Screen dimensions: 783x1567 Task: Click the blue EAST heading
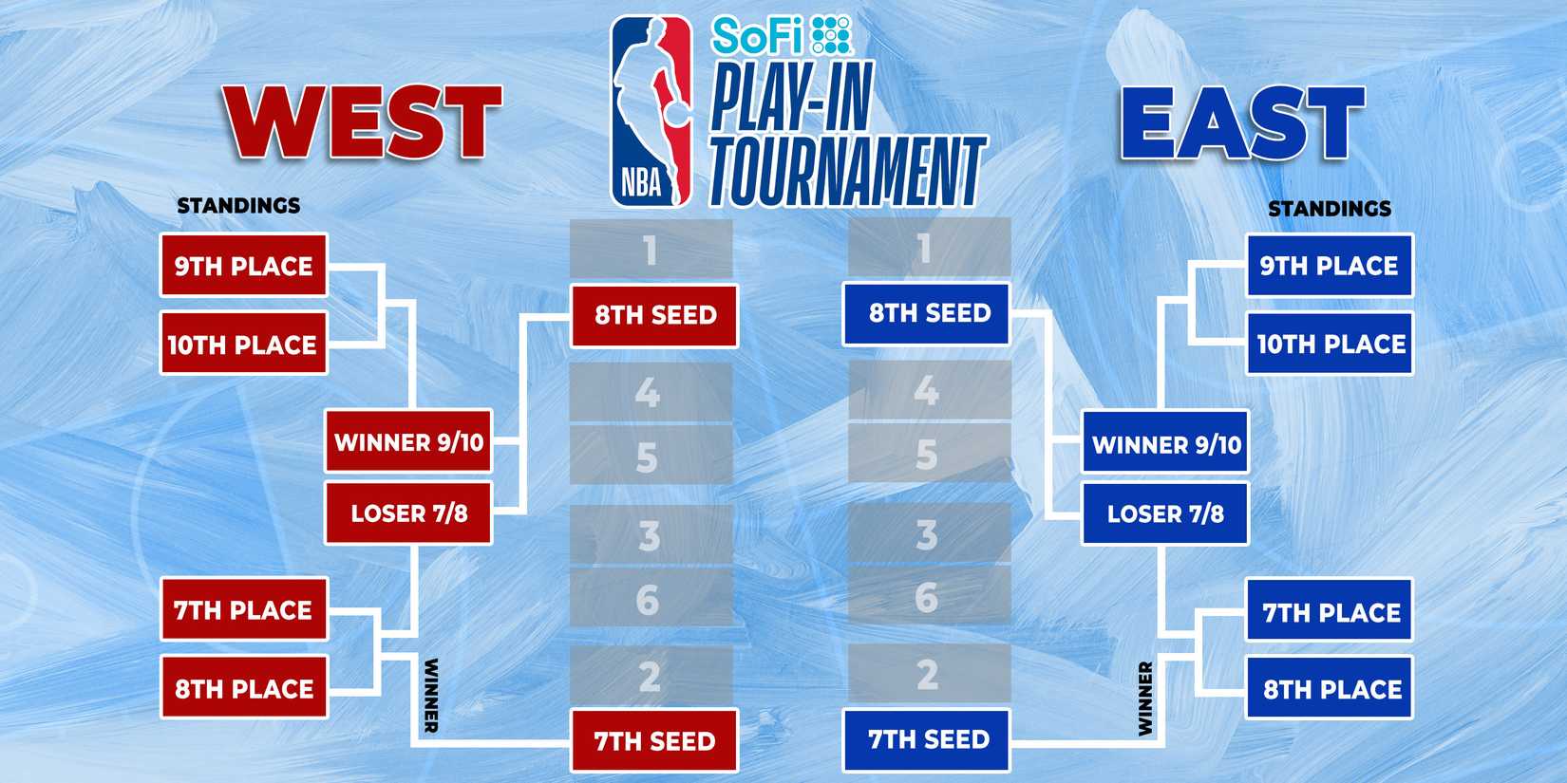pyautogui.click(x=1242, y=123)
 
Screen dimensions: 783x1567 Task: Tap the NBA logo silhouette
pyautogui.click(x=651, y=111)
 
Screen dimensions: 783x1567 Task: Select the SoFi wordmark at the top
pyautogui.click(x=757, y=37)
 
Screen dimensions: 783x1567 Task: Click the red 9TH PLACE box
pyautogui.click(x=243, y=266)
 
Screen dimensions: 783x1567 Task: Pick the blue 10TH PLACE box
pyautogui.click(x=1330, y=344)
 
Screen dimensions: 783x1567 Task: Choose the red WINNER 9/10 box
pyautogui.click(x=408, y=441)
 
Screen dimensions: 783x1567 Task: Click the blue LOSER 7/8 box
pyautogui.click(x=1165, y=513)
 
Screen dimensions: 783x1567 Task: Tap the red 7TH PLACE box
pyautogui.click(x=243, y=609)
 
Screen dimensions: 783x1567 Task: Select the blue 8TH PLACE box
pyautogui.click(x=1330, y=689)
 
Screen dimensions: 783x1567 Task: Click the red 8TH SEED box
pyautogui.click(x=654, y=315)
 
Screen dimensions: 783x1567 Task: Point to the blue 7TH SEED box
pyautogui.click(x=927, y=739)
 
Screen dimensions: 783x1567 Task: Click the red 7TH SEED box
pyautogui.click(x=654, y=740)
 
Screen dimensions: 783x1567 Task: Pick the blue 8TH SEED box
pyautogui.click(x=927, y=313)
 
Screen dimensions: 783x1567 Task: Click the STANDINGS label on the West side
pyautogui.click(x=238, y=205)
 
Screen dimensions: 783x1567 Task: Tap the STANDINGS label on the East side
pyautogui.click(x=1330, y=208)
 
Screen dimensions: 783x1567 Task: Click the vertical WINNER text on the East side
pyautogui.click(x=1145, y=699)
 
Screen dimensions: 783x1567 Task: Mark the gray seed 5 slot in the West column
pyautogui.click(x=651, y=457)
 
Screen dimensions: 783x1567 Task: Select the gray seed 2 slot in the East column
pyautogui.click(x=928, y=675)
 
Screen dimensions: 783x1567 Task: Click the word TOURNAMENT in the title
pyautogui.click(x=847, y=172)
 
